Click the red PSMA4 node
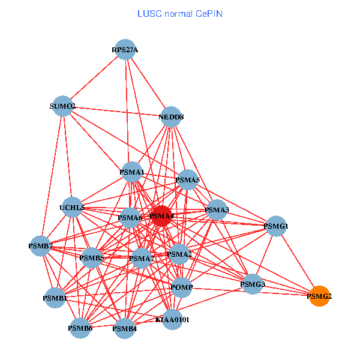161,216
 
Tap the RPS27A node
125,50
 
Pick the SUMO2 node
63,107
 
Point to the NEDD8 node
171,116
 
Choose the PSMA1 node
132,173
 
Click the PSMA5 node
188,179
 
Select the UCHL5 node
73,208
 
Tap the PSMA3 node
217,210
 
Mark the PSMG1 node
276,226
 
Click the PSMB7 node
40,246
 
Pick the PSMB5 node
92,258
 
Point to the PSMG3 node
253,283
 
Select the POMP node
182,288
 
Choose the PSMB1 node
55,298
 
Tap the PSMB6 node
80,328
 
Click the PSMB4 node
124,328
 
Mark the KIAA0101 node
172,320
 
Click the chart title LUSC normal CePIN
180,13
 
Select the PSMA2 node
179,254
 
